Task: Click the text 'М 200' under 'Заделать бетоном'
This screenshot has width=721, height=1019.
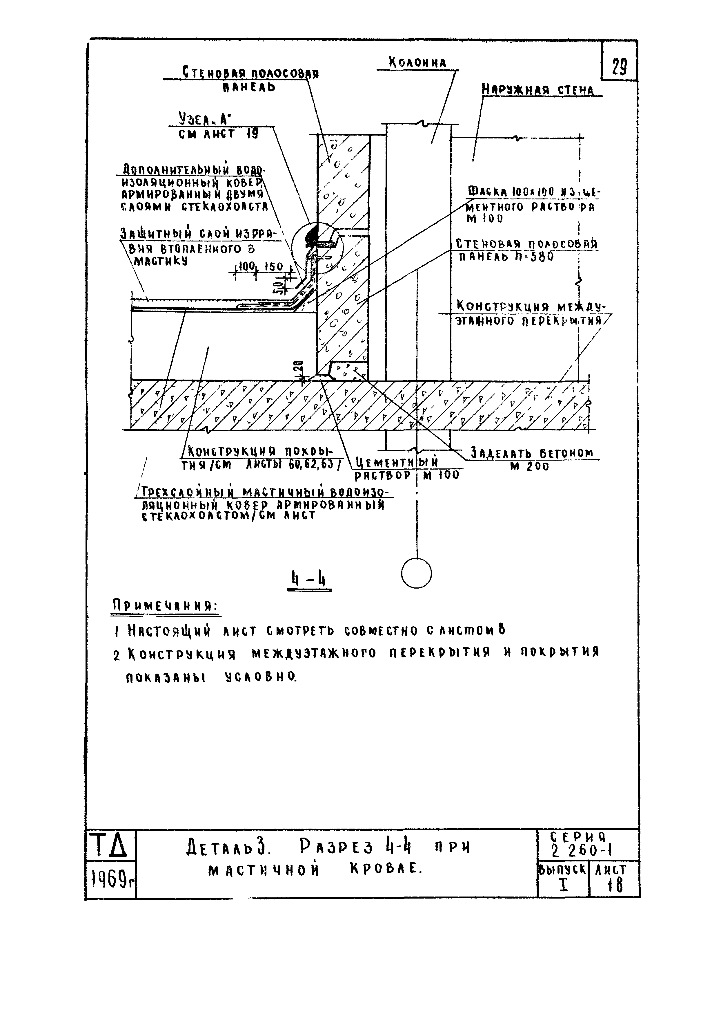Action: point(530,467)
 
